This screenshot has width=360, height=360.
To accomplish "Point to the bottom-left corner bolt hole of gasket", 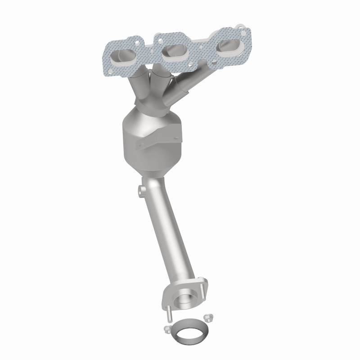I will (109, 70).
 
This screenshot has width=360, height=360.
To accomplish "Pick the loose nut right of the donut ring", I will (207, 318).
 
